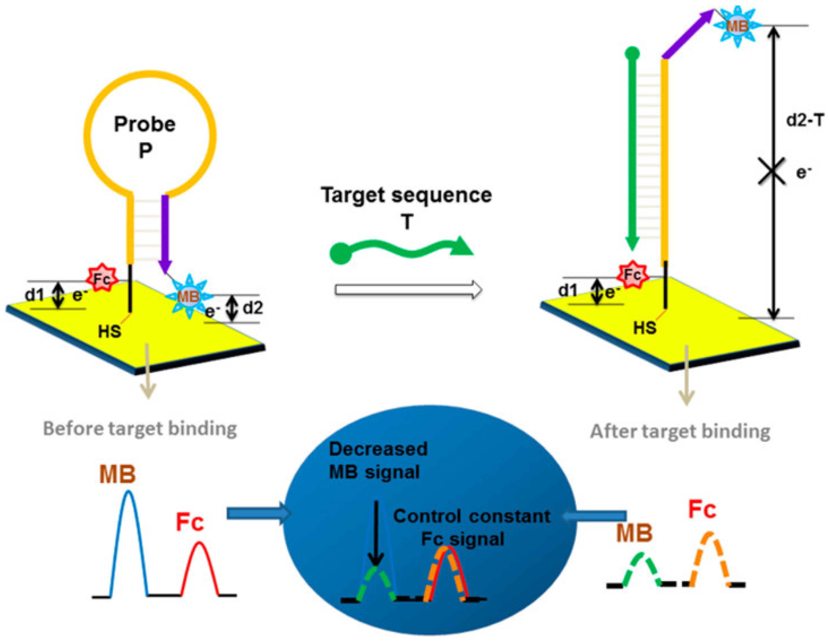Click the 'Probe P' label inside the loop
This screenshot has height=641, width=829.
coord(145,137)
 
